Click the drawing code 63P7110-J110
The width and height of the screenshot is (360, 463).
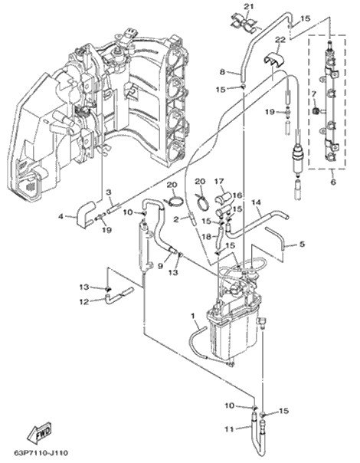tap(41, 452)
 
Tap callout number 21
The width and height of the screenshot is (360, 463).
tap(248, 6)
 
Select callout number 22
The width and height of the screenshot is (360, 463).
tap(280, 40)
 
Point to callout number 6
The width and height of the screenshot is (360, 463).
tap(333, 182)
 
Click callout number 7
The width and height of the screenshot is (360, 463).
tap(314, 94)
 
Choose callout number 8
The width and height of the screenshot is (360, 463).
tap(222, 71)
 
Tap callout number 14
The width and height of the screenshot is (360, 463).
tap(257, 202)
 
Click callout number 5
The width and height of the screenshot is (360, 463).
tap(302, 245)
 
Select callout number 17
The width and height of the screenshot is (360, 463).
tap(220, 181)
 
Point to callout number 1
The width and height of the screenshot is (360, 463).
tap(193, 317)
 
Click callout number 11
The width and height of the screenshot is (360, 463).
tap(229, 429)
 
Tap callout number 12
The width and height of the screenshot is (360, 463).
tap(84, 302)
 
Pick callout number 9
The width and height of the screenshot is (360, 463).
tap(160, 266)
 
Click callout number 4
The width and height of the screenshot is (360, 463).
tap(61, 216)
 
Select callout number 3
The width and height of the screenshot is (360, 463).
tap(109, 192)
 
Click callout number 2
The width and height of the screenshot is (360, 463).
tap(176, 219)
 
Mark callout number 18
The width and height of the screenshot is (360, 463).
tap(207, 237)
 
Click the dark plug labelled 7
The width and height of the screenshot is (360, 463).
tap(315, 111)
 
